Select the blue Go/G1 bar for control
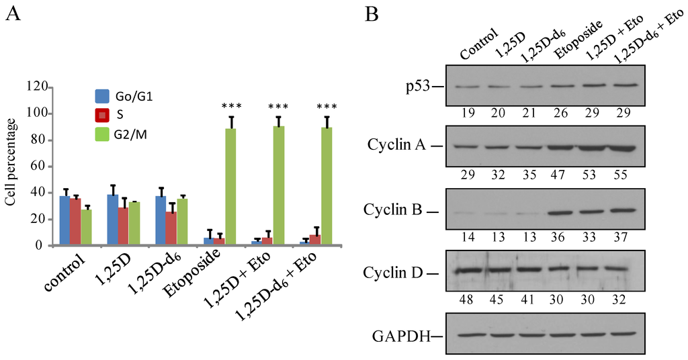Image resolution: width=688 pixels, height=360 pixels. [x=64, y=221]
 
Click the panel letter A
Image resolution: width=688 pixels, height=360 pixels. [x=13, y=15]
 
